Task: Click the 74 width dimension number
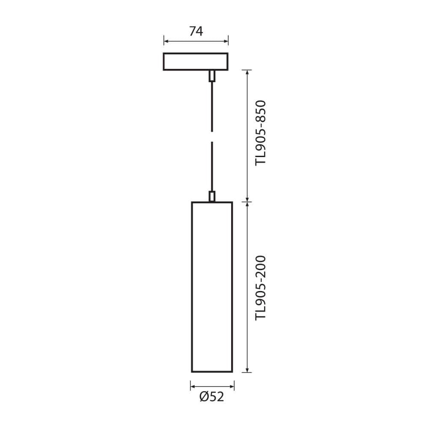click(196, 31)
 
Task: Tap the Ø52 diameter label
click(211, 397)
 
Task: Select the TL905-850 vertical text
click(261, 133)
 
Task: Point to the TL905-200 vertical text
click(261, 287)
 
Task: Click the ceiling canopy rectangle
click(196, 61)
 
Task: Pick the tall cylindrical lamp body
click(212, 287)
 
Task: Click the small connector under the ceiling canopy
click(211, 76)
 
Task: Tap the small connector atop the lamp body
click(211, 196)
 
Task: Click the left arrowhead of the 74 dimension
click(166, 42)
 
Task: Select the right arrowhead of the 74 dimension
click(226, 42)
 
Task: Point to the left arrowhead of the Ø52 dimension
click(193, 387)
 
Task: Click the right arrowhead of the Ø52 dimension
click(232, 387)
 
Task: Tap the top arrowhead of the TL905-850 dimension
click(247, 72)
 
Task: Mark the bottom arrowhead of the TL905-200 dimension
click(247, 370)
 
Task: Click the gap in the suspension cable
click(211, 138)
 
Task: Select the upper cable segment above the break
click(211, 107)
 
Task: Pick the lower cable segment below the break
click(211, 167)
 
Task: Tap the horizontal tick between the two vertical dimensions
click(247, 201)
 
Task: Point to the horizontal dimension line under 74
click(196, 42)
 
